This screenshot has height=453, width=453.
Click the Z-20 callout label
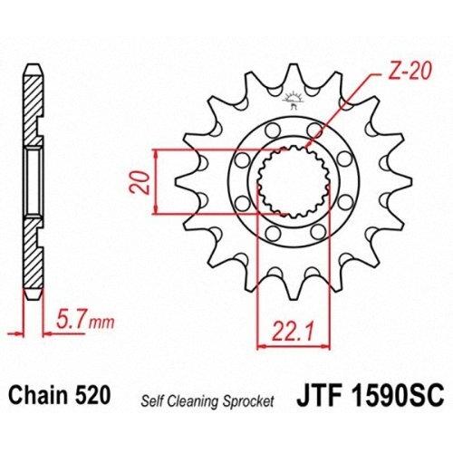tap(409, 72)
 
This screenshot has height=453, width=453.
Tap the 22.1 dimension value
tap(292, 332)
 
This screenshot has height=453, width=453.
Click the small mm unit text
tap(101, 323)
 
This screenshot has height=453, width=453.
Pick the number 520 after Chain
tap(92, 395)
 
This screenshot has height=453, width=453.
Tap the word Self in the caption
tap(152, 401)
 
